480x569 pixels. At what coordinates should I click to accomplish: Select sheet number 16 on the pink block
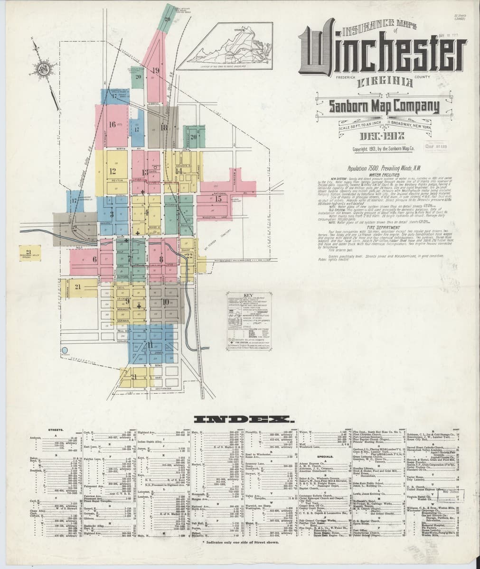(x=113, y=125)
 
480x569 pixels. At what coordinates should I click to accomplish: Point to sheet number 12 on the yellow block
(x=113, y=171)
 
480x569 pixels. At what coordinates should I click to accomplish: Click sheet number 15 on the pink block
(x=218, y=199)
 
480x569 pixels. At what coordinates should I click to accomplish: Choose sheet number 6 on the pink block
(x=94, y=259)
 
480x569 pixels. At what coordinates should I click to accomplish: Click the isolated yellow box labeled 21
(x=28, y=252)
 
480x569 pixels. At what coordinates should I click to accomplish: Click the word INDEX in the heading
(x=243, y=419)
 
